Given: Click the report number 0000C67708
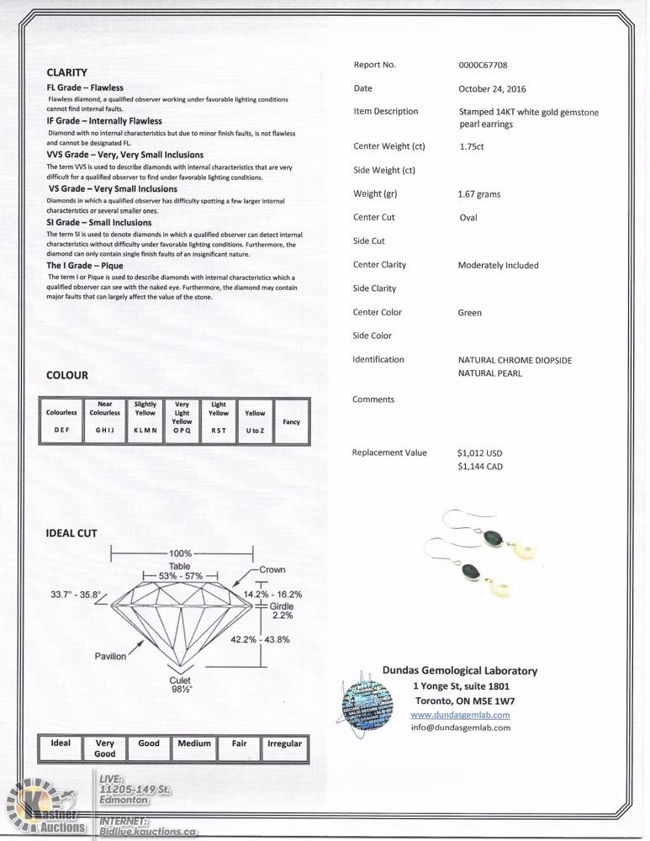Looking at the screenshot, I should (483, 65).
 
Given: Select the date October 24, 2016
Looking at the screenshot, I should (492, 88).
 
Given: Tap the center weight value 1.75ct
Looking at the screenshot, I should (472, 146).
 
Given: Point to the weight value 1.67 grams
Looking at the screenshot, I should (479, 194).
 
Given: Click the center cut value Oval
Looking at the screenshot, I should (468, 217).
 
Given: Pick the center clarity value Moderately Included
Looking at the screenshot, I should (498, 265).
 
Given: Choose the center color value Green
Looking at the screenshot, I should (470, 312).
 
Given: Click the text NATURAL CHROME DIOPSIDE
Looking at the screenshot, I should (515, 360).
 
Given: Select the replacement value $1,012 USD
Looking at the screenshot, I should (479, 452).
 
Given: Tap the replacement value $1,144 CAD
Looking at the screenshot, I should (480, 466).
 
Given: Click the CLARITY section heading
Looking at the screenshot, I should (66, 73).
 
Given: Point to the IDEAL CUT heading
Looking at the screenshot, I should (71, 533).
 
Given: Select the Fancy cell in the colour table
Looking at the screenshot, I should (291, 422).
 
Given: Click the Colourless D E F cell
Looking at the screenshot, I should (61, 420).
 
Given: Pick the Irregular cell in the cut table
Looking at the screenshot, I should (284, 744).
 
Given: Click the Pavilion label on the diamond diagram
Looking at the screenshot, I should (110, 656).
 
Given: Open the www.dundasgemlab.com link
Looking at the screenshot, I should (460, 715).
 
